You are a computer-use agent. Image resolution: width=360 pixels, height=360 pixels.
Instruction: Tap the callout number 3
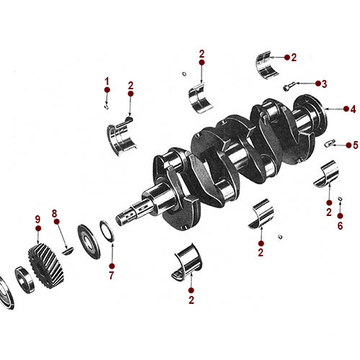[x=324, y=84]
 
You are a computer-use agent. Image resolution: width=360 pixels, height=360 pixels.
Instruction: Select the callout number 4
[x=353, y=109]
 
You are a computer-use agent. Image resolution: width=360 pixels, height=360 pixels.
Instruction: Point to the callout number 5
[x=355, y=145]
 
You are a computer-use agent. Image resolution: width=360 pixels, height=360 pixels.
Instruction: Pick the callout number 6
[x=341, y=225]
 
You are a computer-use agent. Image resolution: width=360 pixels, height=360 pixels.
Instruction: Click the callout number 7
[x=111, y=275]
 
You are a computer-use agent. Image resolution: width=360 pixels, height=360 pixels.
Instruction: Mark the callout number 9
[x=37, y=219]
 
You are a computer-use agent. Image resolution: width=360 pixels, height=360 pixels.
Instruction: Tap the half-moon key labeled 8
[x=66, y=250]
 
